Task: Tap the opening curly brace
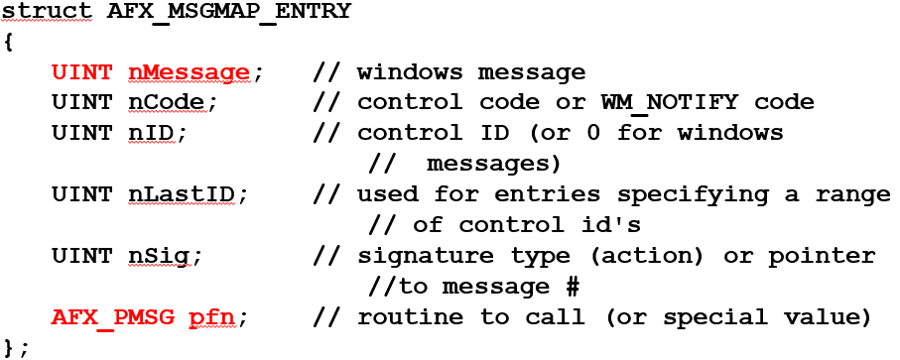[x=8, y=43]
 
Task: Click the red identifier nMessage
[x=188, y=72]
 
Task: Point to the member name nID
[x=152, y=133]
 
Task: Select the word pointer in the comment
[x=830, y=256]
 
